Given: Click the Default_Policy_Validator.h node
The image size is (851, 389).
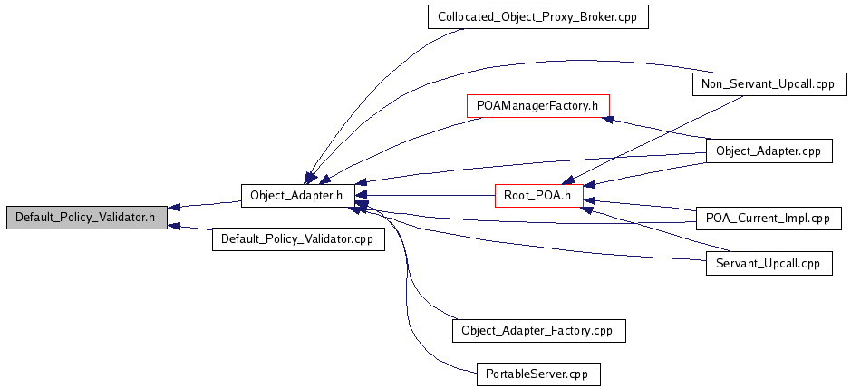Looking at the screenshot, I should tap(85, 218).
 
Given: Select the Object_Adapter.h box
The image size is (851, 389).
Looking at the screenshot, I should tap(296, 195).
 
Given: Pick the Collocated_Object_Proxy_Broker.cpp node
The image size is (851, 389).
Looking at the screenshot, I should tap(537, 17).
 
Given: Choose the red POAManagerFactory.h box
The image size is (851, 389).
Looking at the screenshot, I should tap(537, 105).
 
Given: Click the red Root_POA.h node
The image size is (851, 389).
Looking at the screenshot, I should tap(538, 195).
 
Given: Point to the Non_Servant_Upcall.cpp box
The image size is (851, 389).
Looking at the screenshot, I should tap(769, 84).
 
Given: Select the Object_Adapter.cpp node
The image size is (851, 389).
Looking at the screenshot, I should tap(769, 151).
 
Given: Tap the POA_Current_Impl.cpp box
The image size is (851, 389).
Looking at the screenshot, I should tap(769, 218).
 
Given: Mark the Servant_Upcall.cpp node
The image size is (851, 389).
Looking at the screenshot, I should tap(769, 263).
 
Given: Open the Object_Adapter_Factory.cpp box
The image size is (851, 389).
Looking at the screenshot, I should tap(538, 330).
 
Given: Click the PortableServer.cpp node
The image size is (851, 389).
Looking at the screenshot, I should tap(538, 374).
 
